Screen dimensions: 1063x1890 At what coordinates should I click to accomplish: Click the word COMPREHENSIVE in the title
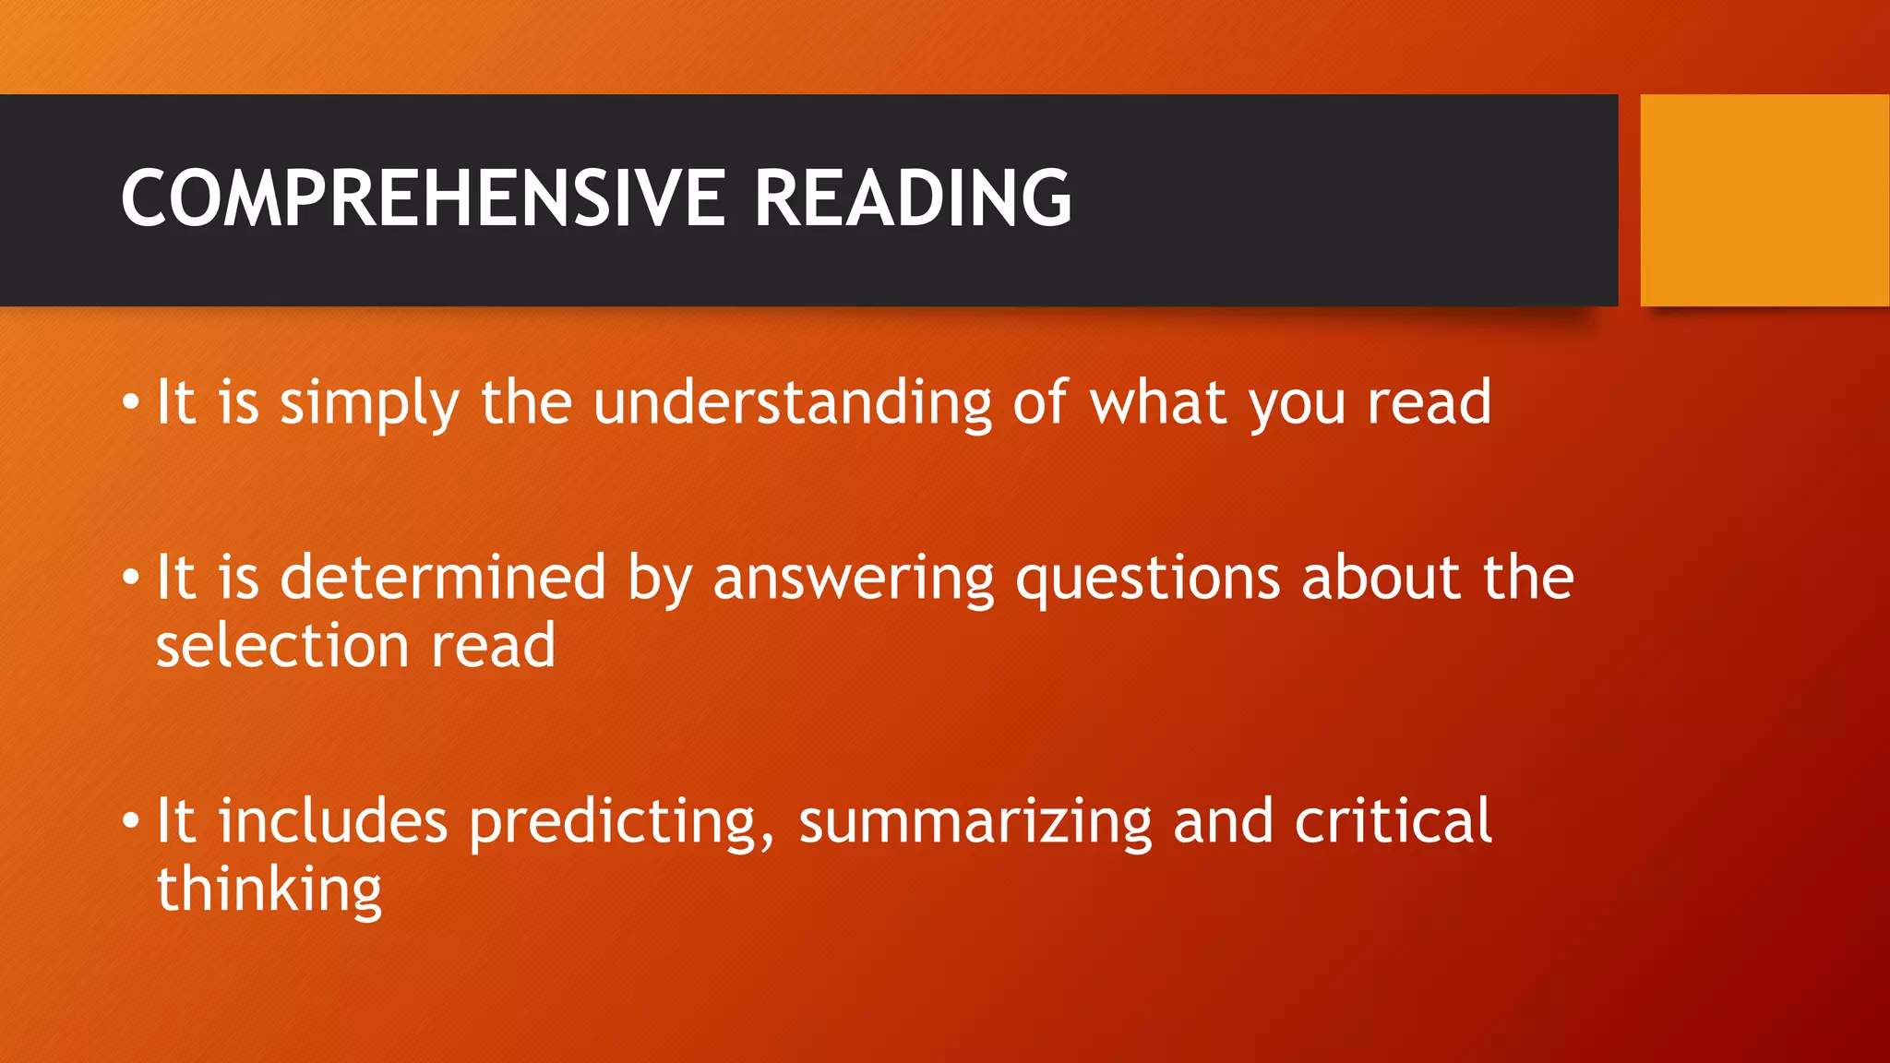tap(423, 198)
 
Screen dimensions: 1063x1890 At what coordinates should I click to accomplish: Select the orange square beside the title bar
tap(1764, 200)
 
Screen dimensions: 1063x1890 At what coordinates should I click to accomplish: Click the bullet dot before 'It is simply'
tap(131, 403)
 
